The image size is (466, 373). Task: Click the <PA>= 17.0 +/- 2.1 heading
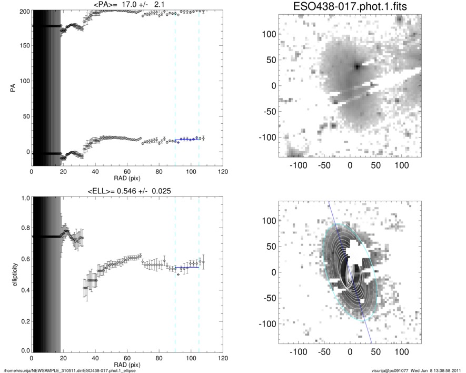point(127,5)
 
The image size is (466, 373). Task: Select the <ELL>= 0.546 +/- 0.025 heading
point(127,191)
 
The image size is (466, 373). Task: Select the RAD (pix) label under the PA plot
point(127,178)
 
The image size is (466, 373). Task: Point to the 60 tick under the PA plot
point(127,172)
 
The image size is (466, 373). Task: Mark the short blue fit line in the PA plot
point(187,139)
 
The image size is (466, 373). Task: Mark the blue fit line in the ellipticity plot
point(187,268)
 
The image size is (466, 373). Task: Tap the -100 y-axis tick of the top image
point(271,137)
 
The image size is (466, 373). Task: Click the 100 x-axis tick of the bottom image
point(402,351)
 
